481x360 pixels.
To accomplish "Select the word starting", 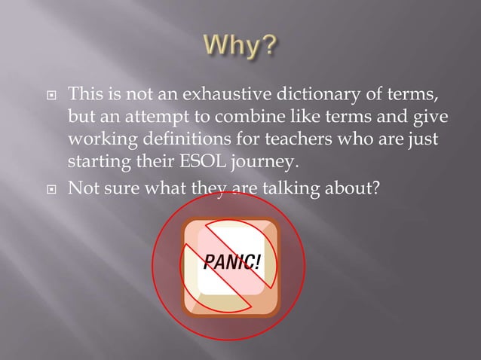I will pos(97,163).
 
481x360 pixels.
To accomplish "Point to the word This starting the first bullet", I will pos(85,96).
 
